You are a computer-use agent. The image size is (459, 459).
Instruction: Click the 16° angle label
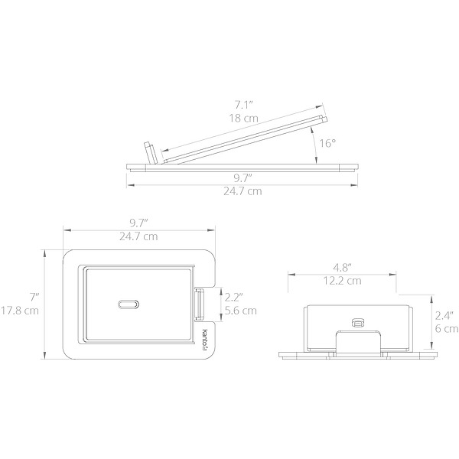click(x=327, y=144)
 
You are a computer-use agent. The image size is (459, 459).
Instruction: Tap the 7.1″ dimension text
click(x=243, y=105)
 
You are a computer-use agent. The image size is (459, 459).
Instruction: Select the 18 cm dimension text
click(x=243, y=119)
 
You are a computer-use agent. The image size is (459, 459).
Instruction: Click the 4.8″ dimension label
click(x=342, y=267)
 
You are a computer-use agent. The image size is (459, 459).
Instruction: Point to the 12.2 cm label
click(x=342, y=281)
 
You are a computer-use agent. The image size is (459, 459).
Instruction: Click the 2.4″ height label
click(x=444, y=315)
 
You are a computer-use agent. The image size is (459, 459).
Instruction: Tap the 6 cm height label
click(x=447, y=329)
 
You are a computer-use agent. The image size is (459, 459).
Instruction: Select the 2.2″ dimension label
click(x=233, y=298)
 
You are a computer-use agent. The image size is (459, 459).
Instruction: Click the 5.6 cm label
click(x=241, y=311)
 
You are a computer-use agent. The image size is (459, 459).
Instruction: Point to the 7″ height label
click(x=34, y=297)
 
